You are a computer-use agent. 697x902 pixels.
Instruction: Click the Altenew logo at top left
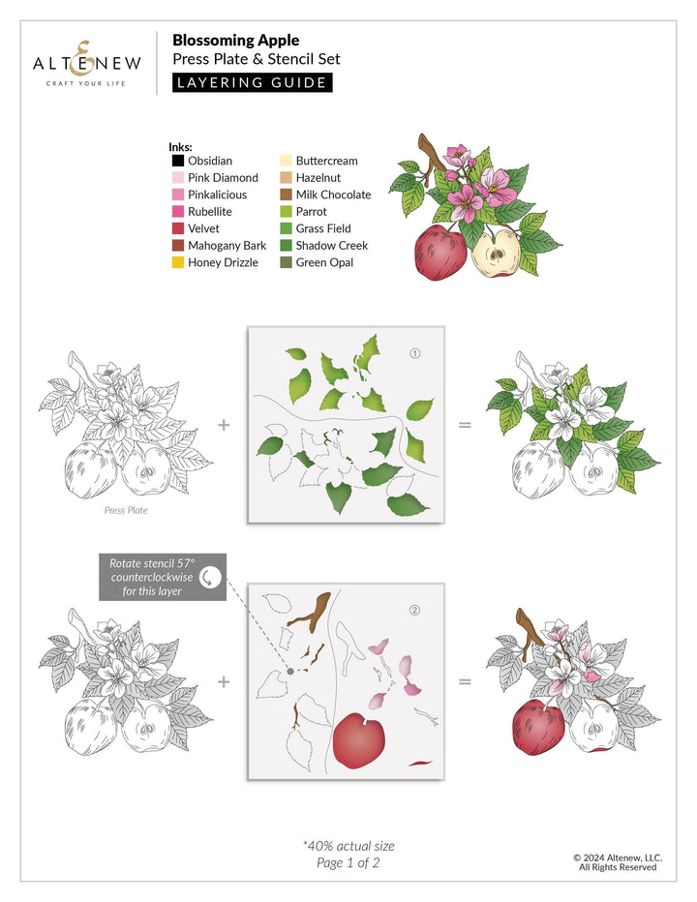(87, 64)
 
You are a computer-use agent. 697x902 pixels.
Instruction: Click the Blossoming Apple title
(235, 41)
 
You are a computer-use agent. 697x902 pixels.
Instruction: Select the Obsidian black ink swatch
(177, 161)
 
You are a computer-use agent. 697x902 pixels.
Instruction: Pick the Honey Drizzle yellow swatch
(177, 262)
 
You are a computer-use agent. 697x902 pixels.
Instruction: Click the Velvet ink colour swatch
(177, 228)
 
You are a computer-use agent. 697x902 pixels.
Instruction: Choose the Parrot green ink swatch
(285, 212)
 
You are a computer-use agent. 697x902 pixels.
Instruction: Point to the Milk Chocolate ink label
(333, 195)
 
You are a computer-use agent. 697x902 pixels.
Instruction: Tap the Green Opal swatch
(285, 262)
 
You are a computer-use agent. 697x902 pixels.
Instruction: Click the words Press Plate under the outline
(126, 510)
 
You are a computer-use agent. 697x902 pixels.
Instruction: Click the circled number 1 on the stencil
(415, 353)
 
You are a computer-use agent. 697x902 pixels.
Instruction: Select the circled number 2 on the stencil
(415, 611)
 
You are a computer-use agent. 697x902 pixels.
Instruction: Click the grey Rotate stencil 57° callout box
(162, 577)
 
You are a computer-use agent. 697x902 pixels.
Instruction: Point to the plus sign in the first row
(225, 425)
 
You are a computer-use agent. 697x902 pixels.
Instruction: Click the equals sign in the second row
(465, 682)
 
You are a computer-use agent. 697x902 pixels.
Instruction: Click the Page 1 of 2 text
(348, 863)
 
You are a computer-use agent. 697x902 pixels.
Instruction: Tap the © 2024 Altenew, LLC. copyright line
(617, 857)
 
